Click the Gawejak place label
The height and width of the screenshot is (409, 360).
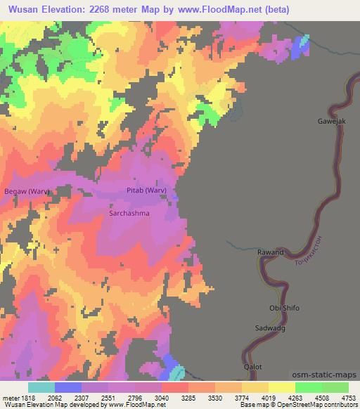pyautogui.click(x=330, y=122)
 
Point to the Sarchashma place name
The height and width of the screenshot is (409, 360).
pyautogui.click(x=129, y=212)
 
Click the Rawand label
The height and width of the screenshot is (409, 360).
pyautogui.click(x=270, y=252)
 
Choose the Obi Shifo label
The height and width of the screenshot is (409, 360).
pyautogui.click(x=285, y=308)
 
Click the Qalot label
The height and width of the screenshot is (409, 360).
pyautogui.click(x=252, y=367)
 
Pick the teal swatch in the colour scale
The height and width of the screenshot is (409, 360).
pyautogui.click(x=41, y=387)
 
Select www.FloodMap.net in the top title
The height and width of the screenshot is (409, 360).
pyautogui.click(x=219, y=9)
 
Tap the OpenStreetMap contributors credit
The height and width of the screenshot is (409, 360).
pyautogui.click(x=316, y=405)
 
